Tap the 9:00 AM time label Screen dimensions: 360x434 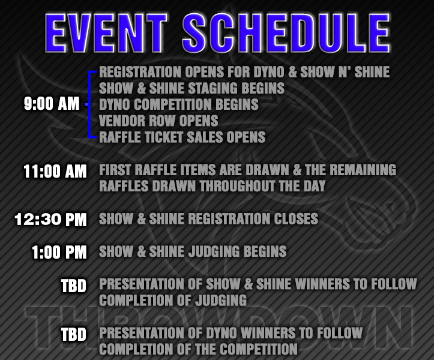click(x=52, y=104)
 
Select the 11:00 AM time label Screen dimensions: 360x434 click(x=55, y=171)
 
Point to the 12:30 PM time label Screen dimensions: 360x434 click(x=51, y=219)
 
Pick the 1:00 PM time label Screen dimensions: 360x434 click(x=59, y=252)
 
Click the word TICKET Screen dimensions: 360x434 click(x=166, y=137)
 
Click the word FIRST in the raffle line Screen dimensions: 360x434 click(x=116, y=170)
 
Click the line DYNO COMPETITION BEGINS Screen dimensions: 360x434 click(x=179, y=104)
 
